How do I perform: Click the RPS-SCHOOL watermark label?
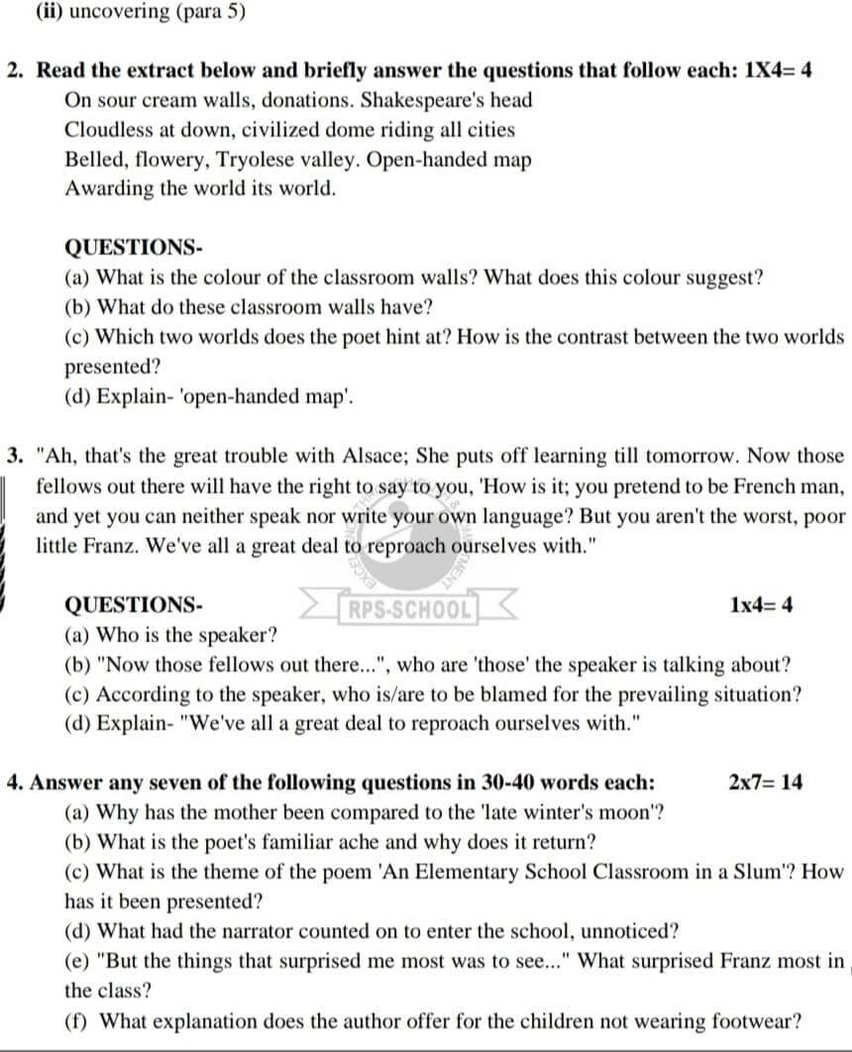(407, 606)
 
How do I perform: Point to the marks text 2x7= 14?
(765, 783)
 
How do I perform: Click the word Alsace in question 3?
(375, 457)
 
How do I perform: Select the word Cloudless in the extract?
(108, 130)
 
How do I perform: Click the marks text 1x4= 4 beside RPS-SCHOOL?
(761, 605)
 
